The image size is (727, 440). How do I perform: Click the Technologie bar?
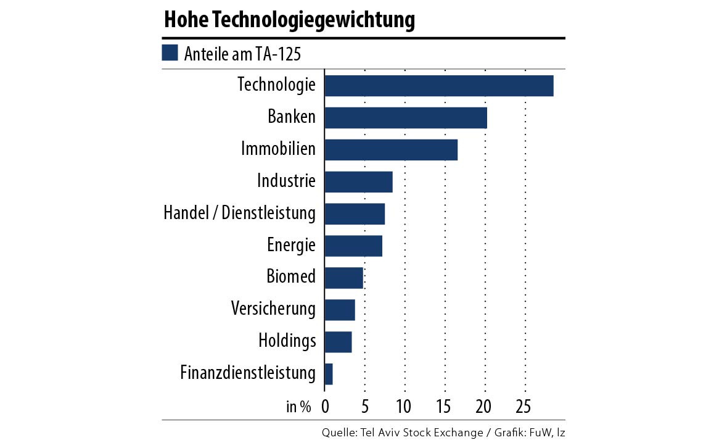438,86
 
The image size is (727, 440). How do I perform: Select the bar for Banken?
405,118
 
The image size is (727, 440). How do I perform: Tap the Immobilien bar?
390,150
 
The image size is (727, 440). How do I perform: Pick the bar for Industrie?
358,182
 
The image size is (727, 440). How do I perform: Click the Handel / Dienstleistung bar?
355,214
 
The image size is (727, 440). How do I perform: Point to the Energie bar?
353,246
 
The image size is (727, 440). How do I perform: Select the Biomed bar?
343,278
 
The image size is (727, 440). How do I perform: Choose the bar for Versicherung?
340,310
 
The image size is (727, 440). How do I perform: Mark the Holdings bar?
338,342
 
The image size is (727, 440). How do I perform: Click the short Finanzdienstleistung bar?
329,374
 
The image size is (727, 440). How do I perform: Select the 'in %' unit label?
299,407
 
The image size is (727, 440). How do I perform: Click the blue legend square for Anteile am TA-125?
170,53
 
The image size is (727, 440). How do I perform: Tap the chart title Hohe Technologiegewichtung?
289,20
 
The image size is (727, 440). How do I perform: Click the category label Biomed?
291,276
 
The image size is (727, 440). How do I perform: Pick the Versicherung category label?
273,309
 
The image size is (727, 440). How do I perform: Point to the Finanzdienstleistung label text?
248,373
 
